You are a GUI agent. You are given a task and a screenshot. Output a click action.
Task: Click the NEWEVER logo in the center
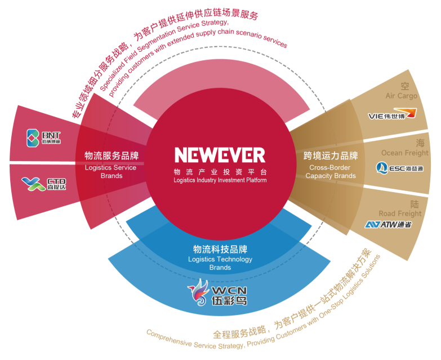tap(220, 155)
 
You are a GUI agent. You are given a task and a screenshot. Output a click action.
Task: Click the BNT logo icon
tap(33, 137)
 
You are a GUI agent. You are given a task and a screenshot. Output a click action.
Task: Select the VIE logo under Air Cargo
tap(392, 115)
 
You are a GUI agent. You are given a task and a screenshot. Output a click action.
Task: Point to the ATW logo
tap(388, 224)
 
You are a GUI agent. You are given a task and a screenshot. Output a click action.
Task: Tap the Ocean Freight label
tap(404, 153)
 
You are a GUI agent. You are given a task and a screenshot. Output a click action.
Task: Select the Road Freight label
tap(400, 214)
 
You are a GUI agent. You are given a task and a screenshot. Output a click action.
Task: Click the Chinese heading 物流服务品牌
tap(112, 156)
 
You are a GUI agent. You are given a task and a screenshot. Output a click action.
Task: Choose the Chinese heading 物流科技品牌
tap(220, 249)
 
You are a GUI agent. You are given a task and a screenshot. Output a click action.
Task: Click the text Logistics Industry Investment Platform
tap(220, 180)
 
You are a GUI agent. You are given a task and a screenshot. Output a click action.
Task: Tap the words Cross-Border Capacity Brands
tap(331, 171)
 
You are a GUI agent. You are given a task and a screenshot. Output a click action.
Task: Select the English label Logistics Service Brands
tap(112, 171)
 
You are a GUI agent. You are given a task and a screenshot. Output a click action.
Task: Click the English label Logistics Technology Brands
tap(220, 263)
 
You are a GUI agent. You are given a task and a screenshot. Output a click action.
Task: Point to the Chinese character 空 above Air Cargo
tap(404, 86)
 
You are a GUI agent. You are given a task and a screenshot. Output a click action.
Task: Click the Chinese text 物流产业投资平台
tap(220, 171)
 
